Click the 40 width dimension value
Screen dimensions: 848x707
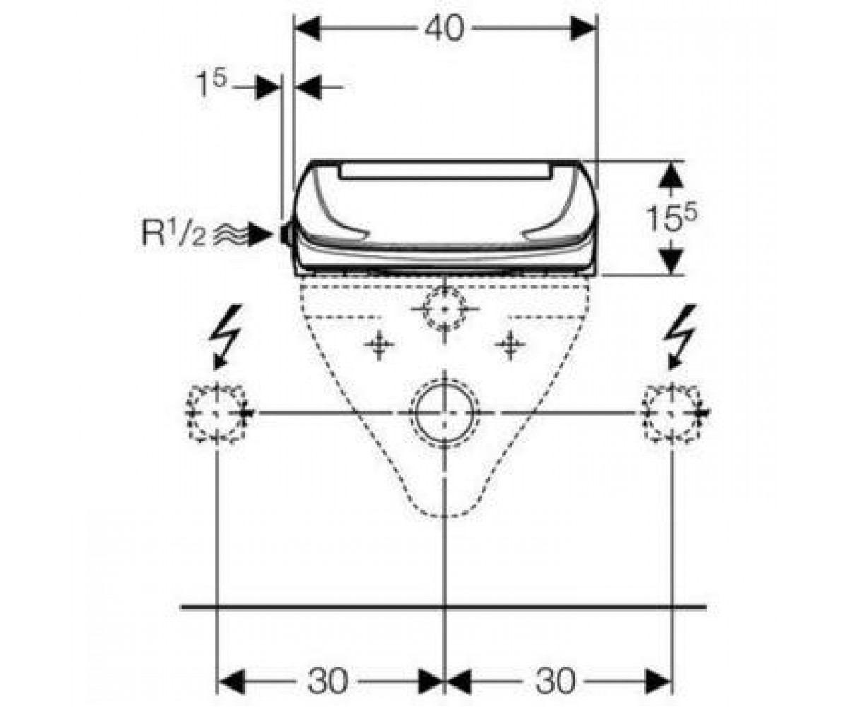(x=444, y=29)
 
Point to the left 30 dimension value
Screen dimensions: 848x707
(x=327, y=681)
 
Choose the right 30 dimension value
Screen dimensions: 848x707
(x=555, y=681)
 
